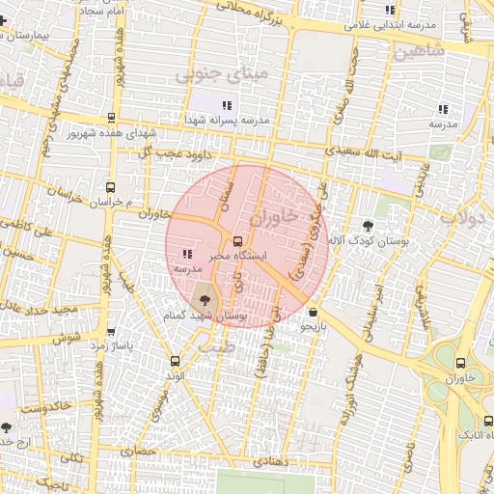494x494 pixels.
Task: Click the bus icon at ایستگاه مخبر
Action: click(x=238, y=241)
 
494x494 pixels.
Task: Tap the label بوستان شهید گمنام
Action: click(x=205, y=316)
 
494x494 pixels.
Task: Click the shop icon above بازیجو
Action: click(x=314, y=313)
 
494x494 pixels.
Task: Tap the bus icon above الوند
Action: click(x=175, y=361)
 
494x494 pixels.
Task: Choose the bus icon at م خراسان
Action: click(x=110, y=188)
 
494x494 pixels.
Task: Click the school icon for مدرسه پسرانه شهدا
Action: click(x=226, y=105)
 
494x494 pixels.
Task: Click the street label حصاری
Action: click(x=137, y=450)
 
